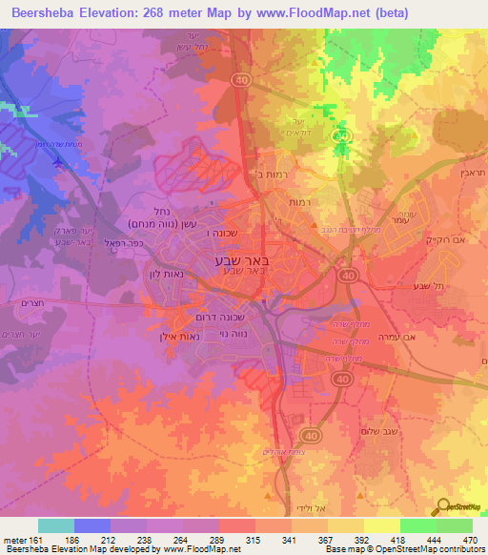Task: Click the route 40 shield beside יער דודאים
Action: click(x=342, y=138)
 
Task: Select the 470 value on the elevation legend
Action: click(x=470, y=541)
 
